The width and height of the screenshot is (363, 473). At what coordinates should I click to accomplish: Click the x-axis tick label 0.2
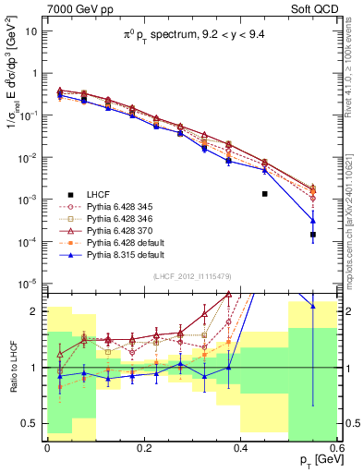(143, 447)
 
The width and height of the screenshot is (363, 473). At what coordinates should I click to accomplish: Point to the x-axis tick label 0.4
(240, 447)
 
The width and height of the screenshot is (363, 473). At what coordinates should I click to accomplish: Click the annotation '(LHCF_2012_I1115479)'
(192, 277)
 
